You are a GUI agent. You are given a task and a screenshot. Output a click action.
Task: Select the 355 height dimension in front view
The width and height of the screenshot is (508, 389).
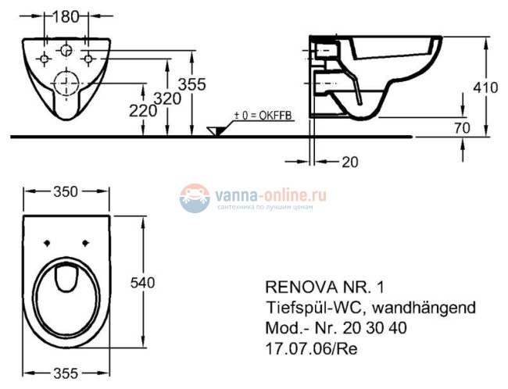(192, 86)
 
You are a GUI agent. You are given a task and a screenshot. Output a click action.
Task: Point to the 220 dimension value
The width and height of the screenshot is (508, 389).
(143, 112)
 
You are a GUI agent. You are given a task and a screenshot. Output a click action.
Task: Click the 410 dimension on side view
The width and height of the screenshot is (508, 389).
(485, 87)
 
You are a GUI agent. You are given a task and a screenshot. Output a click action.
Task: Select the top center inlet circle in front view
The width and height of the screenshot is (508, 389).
(66, 51)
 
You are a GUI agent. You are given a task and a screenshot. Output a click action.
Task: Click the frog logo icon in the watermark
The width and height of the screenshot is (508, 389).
(195, 198)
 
